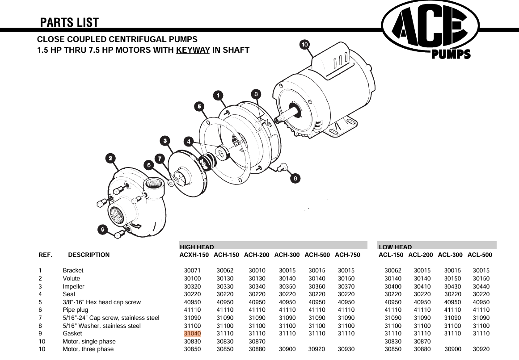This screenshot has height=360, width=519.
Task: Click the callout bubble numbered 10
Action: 304,45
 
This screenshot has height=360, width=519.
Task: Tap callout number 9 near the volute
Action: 103,230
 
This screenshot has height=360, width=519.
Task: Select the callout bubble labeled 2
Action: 110,158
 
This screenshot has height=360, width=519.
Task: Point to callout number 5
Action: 199,106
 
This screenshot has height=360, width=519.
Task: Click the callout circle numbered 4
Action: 189,142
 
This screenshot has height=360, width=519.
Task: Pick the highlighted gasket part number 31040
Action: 192,334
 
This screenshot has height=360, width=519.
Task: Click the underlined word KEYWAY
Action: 193,50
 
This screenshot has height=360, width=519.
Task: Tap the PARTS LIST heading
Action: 69,22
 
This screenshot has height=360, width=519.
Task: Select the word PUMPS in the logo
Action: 451,54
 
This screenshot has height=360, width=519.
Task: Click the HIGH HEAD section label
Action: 197,247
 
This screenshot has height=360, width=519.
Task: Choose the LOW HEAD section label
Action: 395,247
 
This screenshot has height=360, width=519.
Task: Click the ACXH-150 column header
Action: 194,255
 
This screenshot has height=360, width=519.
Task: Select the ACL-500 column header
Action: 480,255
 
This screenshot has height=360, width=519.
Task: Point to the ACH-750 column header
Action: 347,255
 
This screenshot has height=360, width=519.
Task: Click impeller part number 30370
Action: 346,286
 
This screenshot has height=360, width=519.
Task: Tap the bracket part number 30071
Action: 192,271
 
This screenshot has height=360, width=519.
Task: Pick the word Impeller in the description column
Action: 73,286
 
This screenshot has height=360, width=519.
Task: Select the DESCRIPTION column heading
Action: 89,255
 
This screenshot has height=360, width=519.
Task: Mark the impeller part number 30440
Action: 481,286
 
